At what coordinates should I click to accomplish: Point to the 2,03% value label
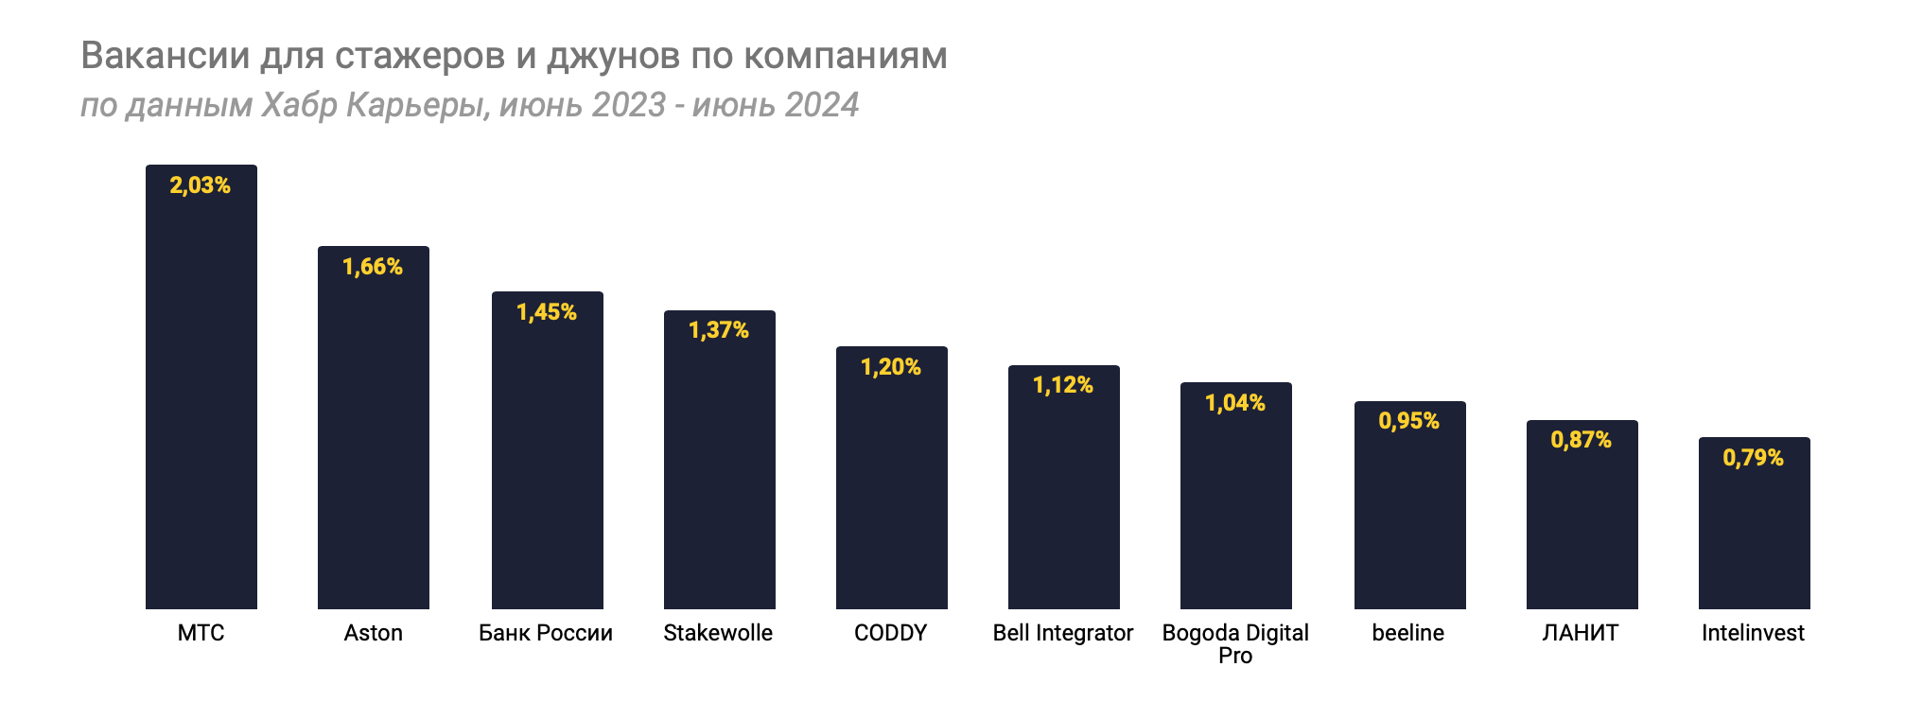(x=201, y=185)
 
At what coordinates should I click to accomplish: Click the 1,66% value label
(x=373, y=267)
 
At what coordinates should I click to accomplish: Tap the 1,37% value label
(x=719, y=330)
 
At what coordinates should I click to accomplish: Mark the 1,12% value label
(x=1063, y=385)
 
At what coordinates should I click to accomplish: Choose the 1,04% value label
(x=1235, y=403)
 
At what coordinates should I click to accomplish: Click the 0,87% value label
(x=1582, y=440)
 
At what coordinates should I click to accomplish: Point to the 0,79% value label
(x=1754, y=458)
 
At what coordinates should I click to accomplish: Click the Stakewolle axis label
(x=718, y=633)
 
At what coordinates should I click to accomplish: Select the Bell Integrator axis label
(x=1063, y=633)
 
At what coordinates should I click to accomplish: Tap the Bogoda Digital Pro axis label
(x=1235, y=643)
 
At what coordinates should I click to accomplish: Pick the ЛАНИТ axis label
(x=1581, y=633)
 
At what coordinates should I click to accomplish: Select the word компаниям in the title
(x=845, y=56)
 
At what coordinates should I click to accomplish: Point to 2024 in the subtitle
(x=821, y=104)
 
